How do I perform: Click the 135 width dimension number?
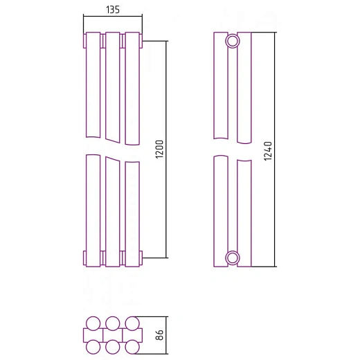[113, 10]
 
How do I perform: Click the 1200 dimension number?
[159, 149]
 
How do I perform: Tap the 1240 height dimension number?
[268, 151]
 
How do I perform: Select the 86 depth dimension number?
[159, 335]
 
